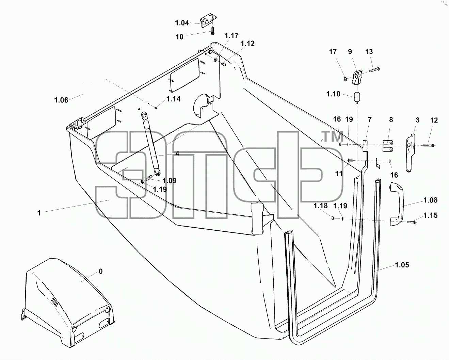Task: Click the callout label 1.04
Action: point(182,23)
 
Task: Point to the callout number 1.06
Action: point(61,100)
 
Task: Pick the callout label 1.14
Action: point(173,99)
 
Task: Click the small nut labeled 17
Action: point(345,79)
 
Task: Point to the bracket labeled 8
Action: point(388,146)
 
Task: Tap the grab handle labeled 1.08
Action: point(397,204)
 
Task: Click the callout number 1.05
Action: point(402,265)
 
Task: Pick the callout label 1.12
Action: point(248,43)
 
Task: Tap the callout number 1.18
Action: point(321,206)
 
